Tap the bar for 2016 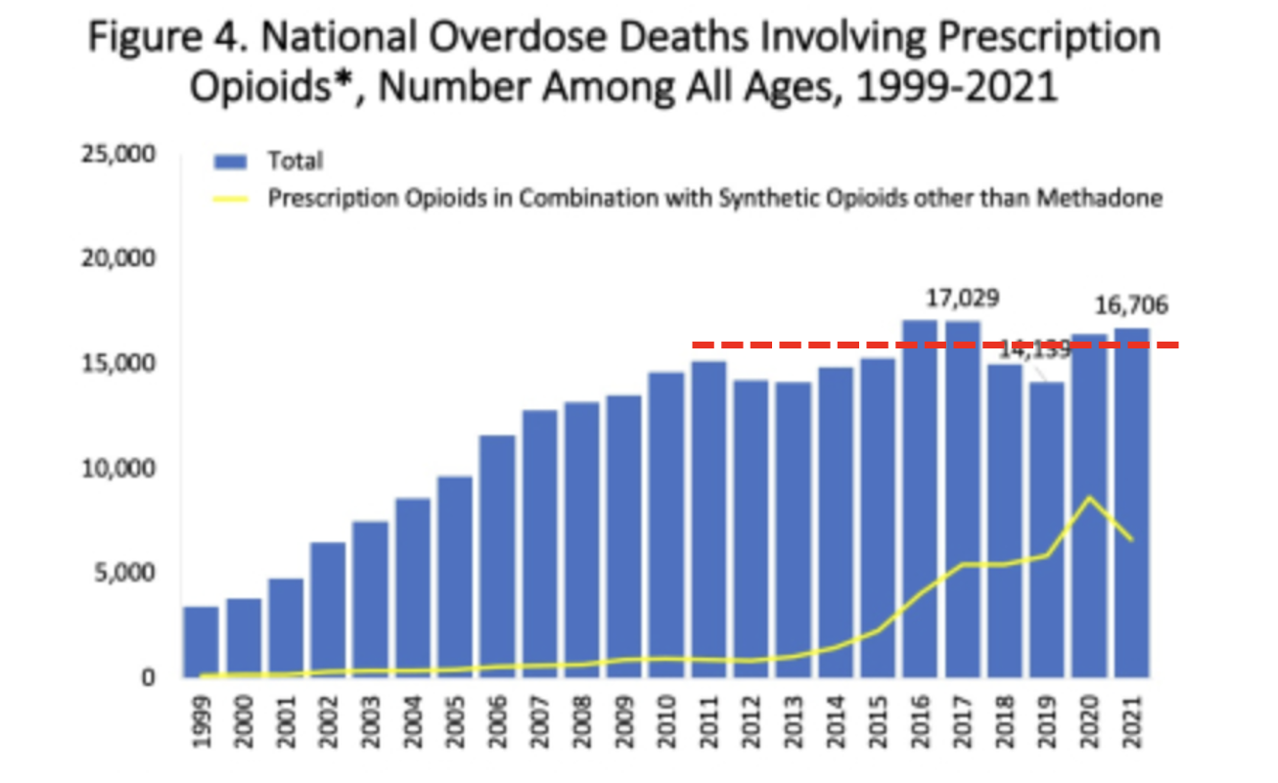919,499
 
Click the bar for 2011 708,520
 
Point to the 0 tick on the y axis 148,677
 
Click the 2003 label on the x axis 370,720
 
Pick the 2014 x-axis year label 835,720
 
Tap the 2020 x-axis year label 1089,720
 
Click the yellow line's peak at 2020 1089,497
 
